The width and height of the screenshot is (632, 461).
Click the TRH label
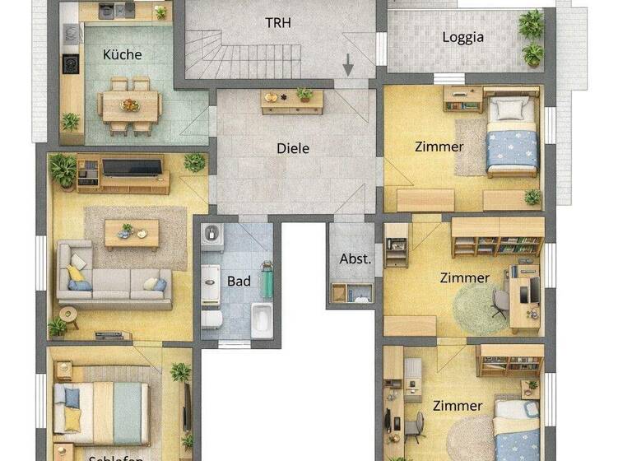click(277, 22)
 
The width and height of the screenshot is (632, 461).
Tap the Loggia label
click(462, 37)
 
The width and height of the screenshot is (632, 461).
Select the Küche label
click(122, 55)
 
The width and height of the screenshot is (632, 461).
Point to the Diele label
click(292, 149)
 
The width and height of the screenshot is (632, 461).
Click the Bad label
click(239, 282)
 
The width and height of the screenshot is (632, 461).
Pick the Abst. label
click(355, 258)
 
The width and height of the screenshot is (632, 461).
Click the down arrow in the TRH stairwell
click(349, 63)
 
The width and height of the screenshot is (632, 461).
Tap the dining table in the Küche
click(129, 105)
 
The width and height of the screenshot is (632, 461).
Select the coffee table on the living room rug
click(131, 234)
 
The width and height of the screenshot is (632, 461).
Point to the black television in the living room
click(132, 167)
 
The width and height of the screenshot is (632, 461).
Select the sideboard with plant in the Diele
click(292, 100)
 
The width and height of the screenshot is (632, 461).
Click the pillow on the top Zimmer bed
click(510, 108)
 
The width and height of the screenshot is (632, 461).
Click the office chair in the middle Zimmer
click(500, 303)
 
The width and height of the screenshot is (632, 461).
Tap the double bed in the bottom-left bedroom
click(101, 409)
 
